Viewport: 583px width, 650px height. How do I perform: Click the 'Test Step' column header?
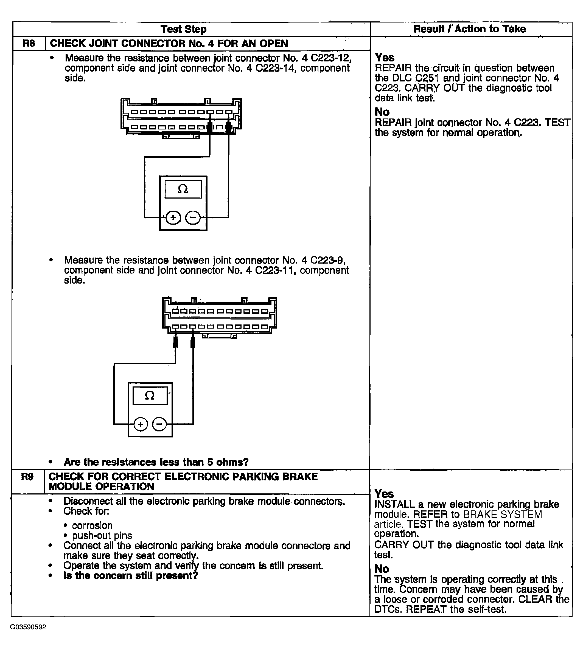point(184,29)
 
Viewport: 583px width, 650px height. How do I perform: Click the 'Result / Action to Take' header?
point(470,29)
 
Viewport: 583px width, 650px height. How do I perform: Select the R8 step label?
point(29,43)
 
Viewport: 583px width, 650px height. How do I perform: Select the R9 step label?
point(27,477)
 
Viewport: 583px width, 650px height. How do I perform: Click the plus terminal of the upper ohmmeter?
point(173,218)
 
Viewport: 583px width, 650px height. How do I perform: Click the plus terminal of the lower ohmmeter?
point(140,424)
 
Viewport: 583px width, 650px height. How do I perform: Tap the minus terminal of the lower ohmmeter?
point(159,424)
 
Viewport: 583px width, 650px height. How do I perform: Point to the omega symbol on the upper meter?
point(183,189)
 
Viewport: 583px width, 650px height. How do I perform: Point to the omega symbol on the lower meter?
point(150,396)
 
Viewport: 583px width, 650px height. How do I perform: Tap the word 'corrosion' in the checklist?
point(92,525)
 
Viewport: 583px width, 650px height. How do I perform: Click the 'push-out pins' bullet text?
point(102,535)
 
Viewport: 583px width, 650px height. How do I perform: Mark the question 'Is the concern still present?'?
point(131,575)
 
